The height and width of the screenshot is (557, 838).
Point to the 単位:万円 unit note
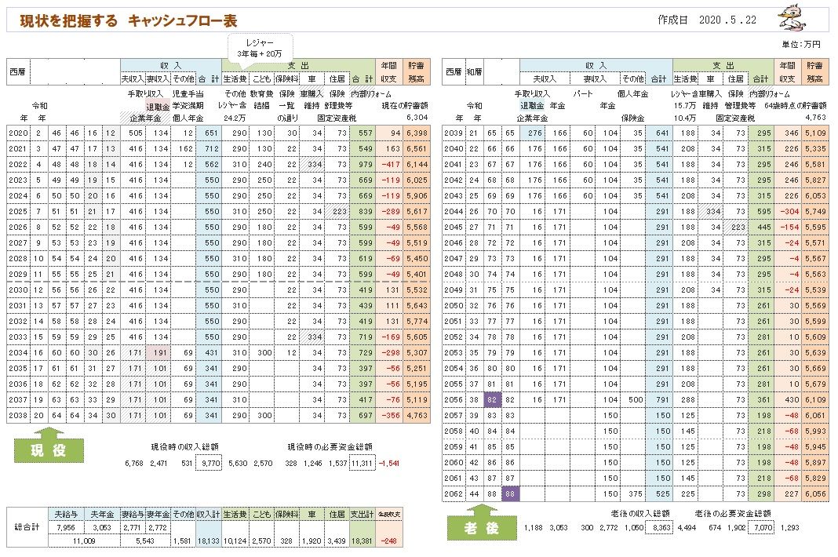coord(801,45)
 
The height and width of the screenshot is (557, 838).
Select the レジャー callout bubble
coord(260,45)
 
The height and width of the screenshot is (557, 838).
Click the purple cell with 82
coord(492,399)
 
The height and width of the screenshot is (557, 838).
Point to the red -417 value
coord(389,164)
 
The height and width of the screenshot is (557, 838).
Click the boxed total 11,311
coord(361,464)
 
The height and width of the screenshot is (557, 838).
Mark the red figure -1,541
coord(390,464)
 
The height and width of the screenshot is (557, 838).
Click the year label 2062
coord(454,493)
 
